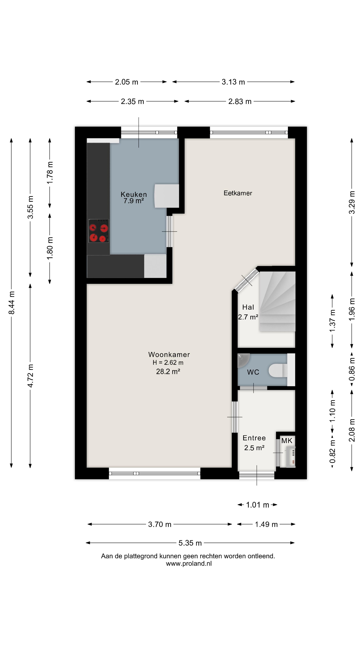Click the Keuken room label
pos(134,194)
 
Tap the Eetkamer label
pos(238,193)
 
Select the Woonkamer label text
pos(169,355)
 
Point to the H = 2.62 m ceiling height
pos(168,363)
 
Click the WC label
pos(253,372)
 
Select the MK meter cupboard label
pos(287,441)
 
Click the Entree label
pos(254,438)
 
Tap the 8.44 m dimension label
pos(12,303)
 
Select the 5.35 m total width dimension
pos(190,543)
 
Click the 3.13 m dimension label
pos(233,82)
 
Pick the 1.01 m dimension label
pos(257,505)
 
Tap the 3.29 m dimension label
pos(352,202)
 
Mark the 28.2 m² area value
pos(168,371)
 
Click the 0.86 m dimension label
pos(352,369)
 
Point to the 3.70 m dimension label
pos(160,524)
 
